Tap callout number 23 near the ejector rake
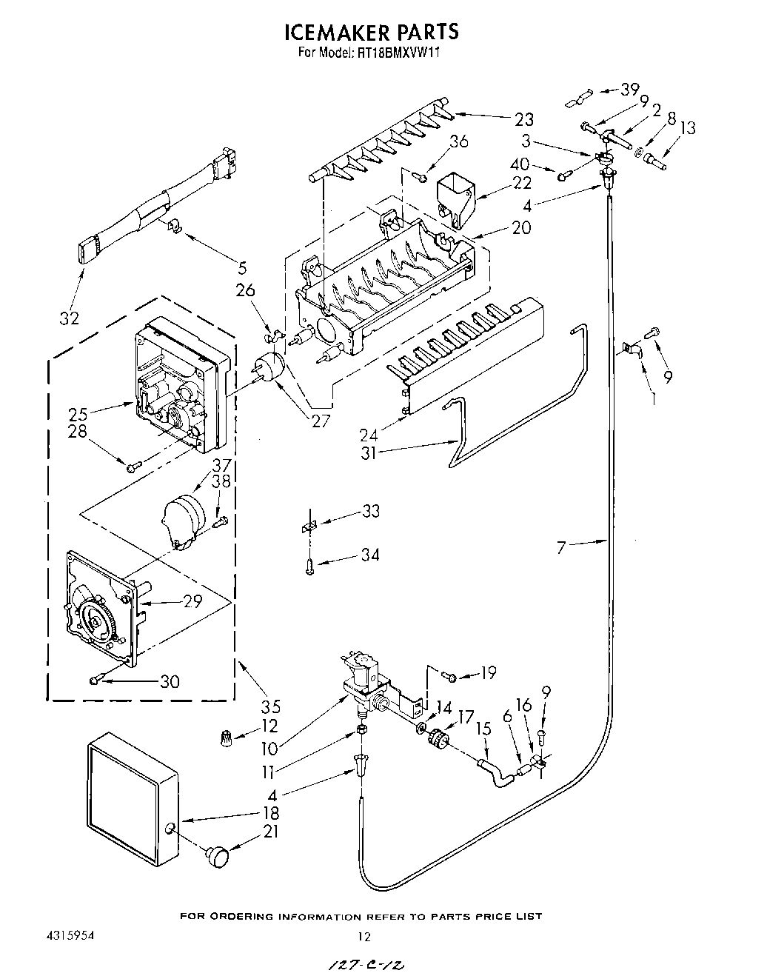(x=524, y=118)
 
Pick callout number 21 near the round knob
(x=271, y=832)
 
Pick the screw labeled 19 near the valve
(x=449, y=675)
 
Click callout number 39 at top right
(x=629, y=90)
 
